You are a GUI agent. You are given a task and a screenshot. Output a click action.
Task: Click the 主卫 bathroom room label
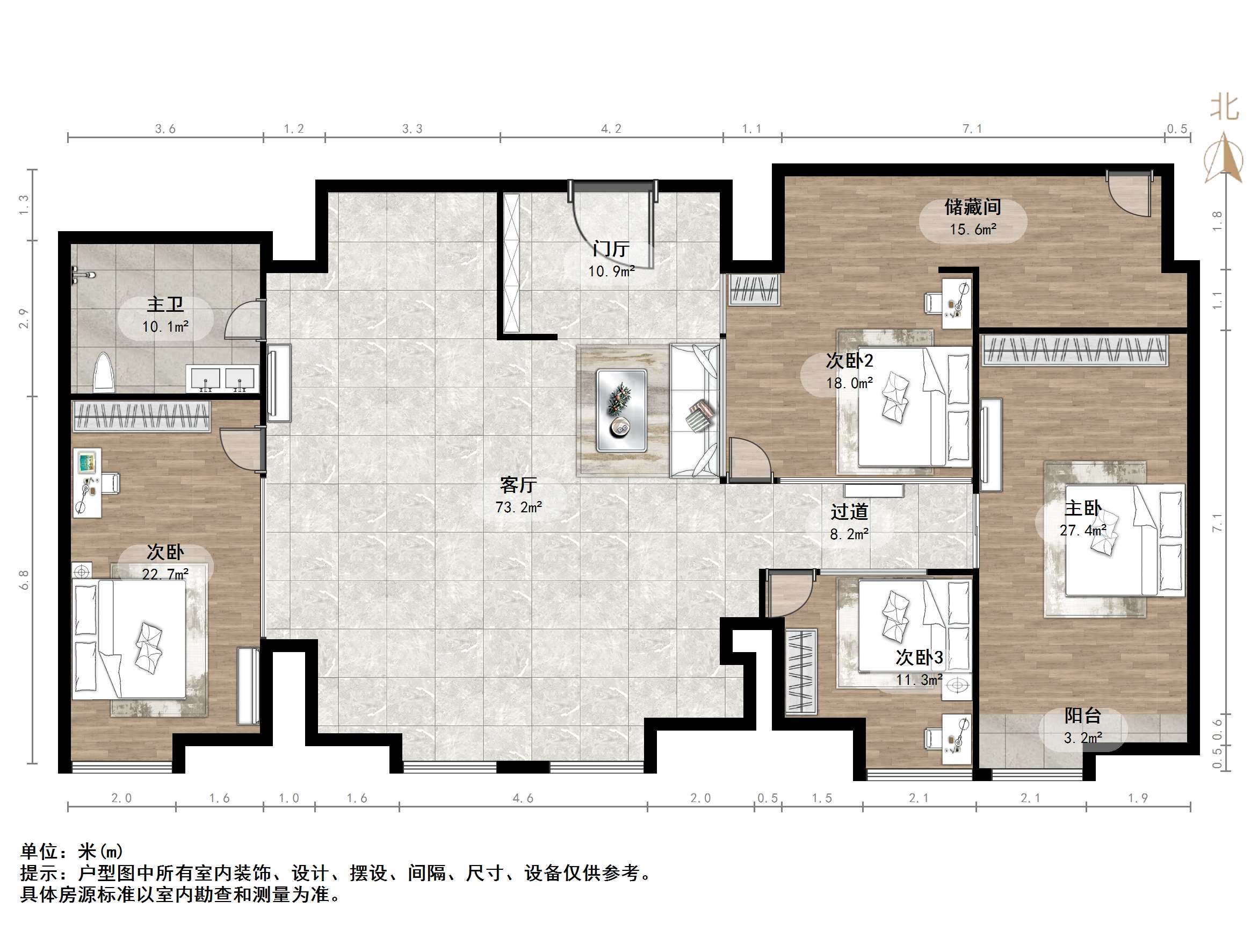point(165,304)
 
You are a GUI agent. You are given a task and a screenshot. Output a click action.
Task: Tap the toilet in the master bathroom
point(104,372)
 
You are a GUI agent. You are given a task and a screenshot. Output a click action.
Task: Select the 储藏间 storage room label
point(973,206)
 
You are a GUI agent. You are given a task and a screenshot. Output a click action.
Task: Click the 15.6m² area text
point(973,230)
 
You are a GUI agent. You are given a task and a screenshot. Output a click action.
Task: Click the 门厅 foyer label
point(611,249)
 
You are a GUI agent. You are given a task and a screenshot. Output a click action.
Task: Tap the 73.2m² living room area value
point(519,507)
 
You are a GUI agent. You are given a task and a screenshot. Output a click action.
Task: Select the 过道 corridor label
point(849,512)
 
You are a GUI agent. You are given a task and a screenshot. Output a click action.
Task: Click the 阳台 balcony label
point(1083,715)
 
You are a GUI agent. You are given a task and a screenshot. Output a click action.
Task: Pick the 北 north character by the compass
point(1225,107)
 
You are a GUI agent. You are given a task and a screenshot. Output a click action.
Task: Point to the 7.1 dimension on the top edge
point(972,129)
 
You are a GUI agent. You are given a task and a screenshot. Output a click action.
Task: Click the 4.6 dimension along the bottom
point(523,798)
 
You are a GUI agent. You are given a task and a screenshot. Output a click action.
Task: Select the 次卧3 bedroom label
point(920,657)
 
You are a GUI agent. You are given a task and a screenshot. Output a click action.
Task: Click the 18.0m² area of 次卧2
point(850,383)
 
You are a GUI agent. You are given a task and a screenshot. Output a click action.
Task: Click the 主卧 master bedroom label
point(1083,508)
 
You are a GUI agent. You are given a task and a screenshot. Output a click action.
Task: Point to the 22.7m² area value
point(165,574)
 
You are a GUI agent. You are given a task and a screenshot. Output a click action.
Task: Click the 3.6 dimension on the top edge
point(165,129)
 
